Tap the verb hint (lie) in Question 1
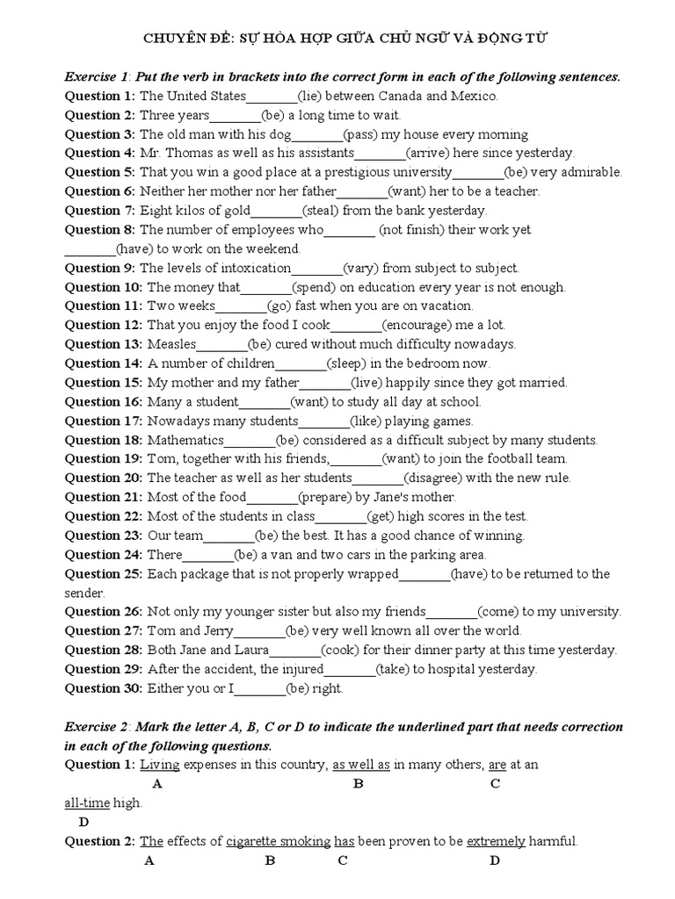pos(313,96)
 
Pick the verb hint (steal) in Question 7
pos(321,211)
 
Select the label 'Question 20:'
pos(104,478)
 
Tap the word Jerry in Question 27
pos(215,631)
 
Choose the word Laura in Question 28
pos(250,651)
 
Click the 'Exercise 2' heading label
pos(97,727)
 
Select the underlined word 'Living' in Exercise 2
pos(160,765)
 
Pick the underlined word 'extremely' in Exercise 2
pos(496,841)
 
